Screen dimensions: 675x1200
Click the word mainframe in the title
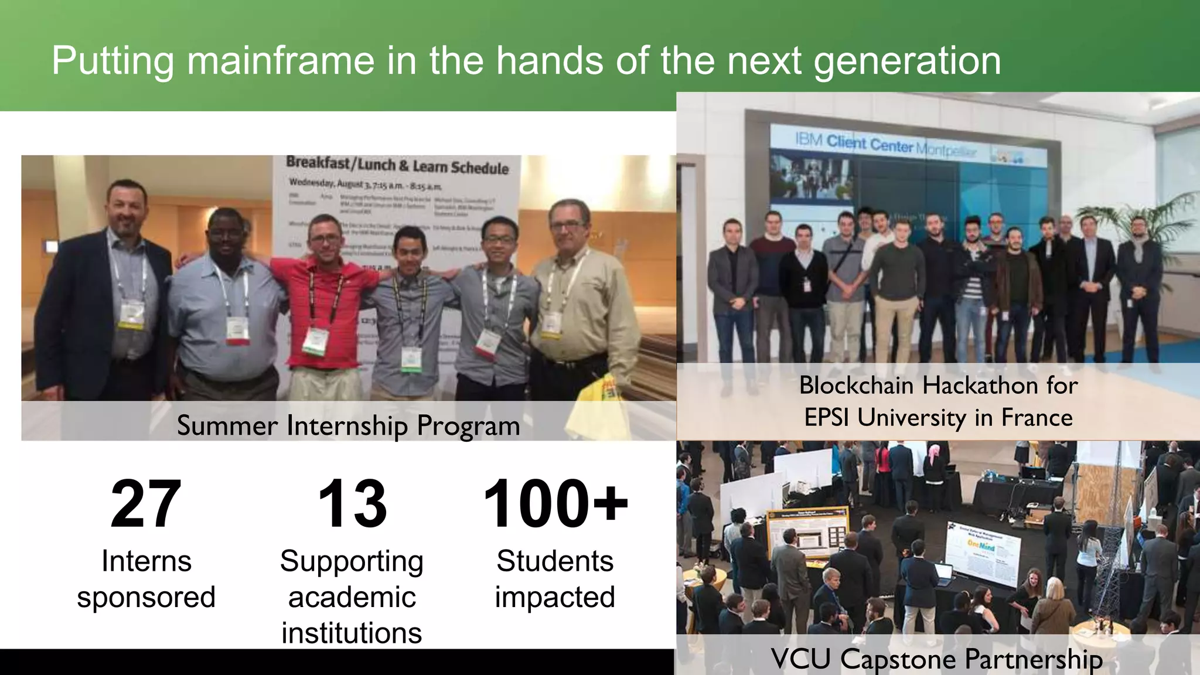click(x=280, y=60)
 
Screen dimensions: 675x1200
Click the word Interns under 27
click(x=146, y=561)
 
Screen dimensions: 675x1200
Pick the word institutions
click(x=352, y=633)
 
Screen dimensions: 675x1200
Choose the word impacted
click(x=555, y=597)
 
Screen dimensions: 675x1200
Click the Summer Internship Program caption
click(x=349, y=425)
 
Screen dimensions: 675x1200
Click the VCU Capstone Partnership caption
click(x=936, y=659)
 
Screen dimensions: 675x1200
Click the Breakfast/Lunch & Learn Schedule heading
click(x=397, y=166)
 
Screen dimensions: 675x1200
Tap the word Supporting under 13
click(x=352, y=561)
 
